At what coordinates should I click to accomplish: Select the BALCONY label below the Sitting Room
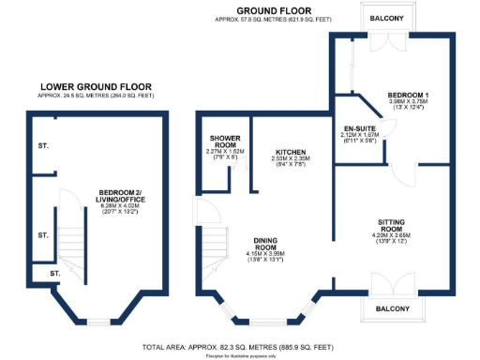(x=394, y=308)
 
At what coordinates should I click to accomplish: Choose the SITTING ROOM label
(x=392, y=226)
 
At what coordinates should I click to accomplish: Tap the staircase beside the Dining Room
(x=213, y=246)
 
